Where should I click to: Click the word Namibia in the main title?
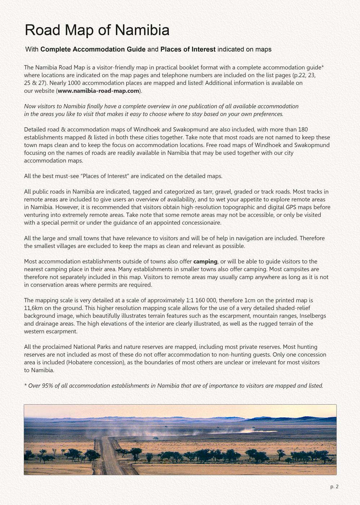(x=142, y=30)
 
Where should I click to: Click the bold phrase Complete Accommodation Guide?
(x=93, y=49)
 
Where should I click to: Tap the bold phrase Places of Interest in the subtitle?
(x=188, y=49)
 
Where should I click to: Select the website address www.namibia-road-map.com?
(x=98, y=91)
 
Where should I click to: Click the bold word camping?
(x=205, y=262)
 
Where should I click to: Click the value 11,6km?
(x=32, y=308)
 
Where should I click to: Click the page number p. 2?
(x=334, y=487)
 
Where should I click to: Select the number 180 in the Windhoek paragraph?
(x=303, y=129)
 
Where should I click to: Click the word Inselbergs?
(x=313, y=316)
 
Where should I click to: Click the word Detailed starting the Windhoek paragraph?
(x=35, y=129)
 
